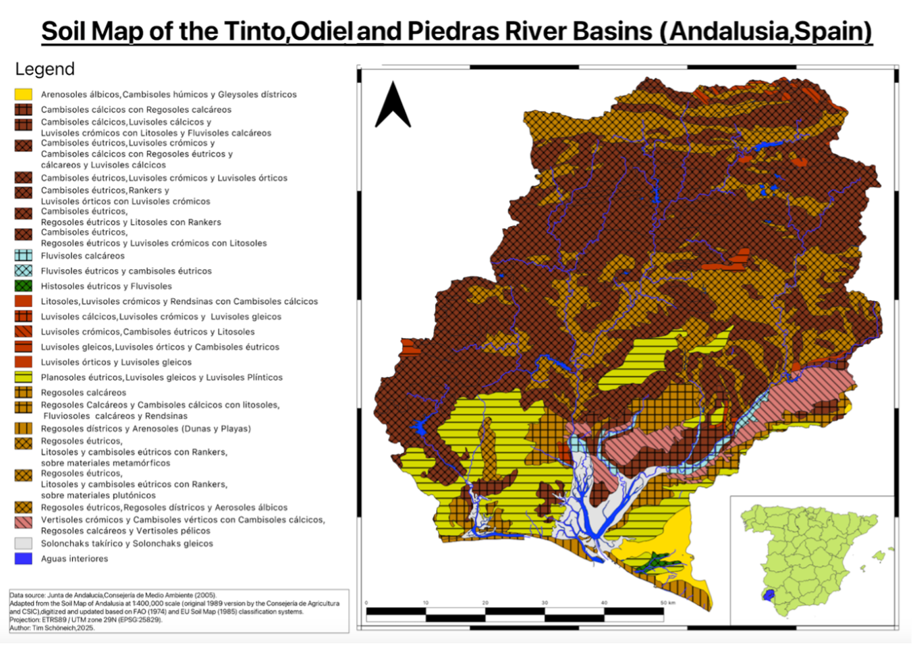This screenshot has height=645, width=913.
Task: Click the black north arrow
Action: click(393, 106)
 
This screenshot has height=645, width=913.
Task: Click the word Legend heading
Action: click(45, 69)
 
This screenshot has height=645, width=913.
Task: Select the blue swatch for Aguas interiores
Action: click(24, 559)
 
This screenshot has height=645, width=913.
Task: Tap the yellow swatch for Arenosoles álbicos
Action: click(24, 94)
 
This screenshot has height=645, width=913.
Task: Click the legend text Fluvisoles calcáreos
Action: click(82, 256)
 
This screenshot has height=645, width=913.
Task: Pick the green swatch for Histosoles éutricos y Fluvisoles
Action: click(24, 286)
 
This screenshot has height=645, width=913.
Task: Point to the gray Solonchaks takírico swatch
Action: click(24, 543)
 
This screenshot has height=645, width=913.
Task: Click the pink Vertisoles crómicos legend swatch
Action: click(24, 522)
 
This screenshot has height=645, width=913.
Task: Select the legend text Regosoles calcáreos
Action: click(83, 392)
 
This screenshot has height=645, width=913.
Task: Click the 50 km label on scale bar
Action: click(668, 602)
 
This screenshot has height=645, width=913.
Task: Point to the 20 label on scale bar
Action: click(485, 602)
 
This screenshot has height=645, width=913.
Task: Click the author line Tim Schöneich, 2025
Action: click(52, 627)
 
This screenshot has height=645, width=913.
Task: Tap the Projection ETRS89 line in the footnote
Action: click(85, 619)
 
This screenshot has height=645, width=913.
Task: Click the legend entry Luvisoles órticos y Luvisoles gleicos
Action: click(116, 362)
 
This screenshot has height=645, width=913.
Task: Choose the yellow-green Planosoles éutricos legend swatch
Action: click(24, 377)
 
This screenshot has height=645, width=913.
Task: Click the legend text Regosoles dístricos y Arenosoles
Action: click(145, 428)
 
